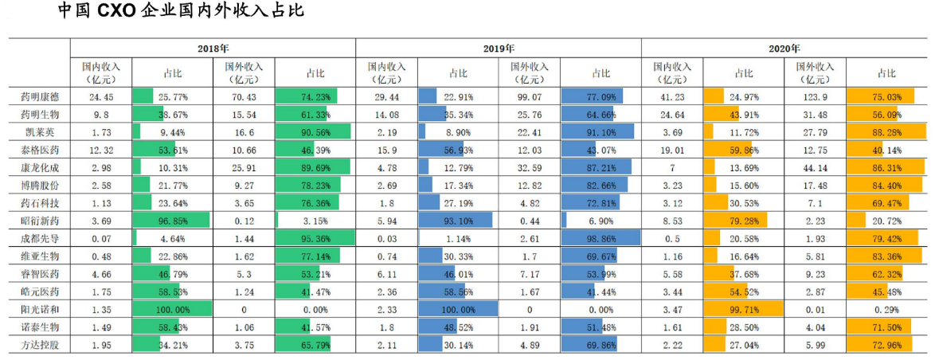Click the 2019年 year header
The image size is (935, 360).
[498, 49]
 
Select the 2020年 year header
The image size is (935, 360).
[784, 49]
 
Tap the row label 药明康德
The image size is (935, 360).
[38, 96]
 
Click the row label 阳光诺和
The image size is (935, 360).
[38, 309]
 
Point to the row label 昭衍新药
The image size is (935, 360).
[38, 221]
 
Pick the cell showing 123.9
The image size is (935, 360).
[816, 96]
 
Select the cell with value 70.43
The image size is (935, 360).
[244, 96]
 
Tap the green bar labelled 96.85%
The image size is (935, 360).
[171, 221]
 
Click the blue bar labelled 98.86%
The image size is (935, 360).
[601, 238]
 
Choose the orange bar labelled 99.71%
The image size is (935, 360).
[744, 309]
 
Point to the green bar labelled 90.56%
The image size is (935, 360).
[314, 131]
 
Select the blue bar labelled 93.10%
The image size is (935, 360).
[456, 221]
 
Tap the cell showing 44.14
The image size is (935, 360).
[816, 167]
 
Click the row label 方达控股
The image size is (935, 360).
[38, 345]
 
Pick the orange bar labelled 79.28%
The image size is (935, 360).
[736, 221]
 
